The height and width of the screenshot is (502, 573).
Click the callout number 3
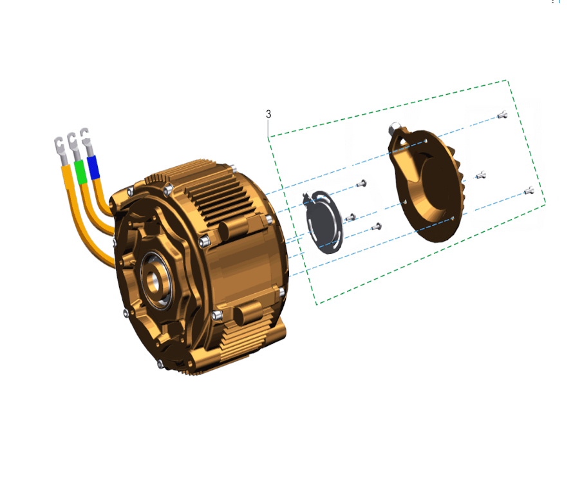click(x=268, y=114)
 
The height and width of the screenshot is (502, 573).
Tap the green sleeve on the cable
click(x=80, y=171)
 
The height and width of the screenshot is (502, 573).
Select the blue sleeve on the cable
click(x=93, y=167)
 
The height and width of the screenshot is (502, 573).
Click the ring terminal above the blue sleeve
click(x=86, y=141)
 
